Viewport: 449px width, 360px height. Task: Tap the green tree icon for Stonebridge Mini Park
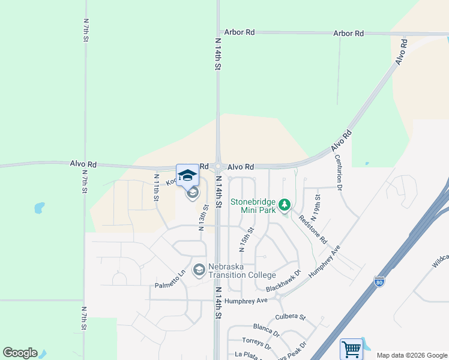tap(285, 205)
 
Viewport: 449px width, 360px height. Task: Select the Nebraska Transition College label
tap(242, 271)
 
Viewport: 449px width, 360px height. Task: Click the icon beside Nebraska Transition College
tap(199, 271)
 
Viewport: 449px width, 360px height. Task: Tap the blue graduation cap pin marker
tap(187, 175)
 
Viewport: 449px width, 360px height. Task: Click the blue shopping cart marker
tap(351, 349)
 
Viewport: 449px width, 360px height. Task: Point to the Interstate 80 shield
tap(378, 281)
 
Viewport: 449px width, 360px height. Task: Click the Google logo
tap(20, 353)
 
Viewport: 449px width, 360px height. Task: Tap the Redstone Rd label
tap(312, 229)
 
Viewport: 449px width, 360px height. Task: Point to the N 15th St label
tap(246, 238)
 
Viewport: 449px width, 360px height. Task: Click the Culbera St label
tap(291, 316)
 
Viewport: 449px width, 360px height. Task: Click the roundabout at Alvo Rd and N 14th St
tap(218, 167)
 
